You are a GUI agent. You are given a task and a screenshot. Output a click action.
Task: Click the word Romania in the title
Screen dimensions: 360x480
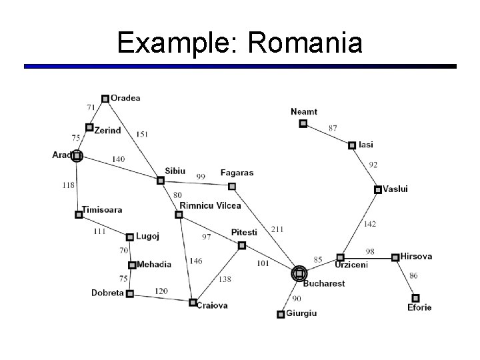point(305,44)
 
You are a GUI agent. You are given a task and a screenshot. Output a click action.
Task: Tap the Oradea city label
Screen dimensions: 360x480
point(125,98)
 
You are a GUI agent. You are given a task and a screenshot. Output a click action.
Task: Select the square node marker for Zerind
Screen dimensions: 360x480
point(89,127)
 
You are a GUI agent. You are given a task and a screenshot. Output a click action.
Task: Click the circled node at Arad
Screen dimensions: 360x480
point(77,157)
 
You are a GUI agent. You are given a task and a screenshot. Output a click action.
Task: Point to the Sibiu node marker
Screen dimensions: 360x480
point(160,180)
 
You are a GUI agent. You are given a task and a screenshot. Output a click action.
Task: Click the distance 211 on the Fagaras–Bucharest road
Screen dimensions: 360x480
point(277,229)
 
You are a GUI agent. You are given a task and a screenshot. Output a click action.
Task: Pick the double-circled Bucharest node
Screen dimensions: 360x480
point(299,273)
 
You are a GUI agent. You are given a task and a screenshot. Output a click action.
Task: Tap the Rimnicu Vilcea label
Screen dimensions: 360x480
point(210,206)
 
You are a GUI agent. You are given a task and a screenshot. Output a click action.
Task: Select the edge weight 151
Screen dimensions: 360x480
point(142,134)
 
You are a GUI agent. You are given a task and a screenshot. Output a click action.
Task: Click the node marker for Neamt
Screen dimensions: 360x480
point(303,123)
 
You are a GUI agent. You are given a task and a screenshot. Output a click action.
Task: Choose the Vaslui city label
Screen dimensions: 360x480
point(395,189)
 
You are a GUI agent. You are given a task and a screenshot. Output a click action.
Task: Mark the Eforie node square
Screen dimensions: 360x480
point(416,298)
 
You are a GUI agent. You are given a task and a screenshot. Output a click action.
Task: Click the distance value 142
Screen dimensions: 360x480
point(369,224)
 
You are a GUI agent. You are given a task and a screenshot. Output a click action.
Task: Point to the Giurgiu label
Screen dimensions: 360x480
point(301,313)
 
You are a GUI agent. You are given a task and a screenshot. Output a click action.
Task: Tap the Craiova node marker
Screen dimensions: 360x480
point(193,303)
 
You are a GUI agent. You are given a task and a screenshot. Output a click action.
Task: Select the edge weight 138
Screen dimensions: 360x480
point(225,279)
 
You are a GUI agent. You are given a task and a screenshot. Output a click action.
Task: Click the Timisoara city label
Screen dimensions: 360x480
point(102,209)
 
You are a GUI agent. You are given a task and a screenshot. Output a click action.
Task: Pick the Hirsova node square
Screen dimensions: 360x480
point(395,257)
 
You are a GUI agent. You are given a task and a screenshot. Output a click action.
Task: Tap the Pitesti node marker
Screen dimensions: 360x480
point(242,245)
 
